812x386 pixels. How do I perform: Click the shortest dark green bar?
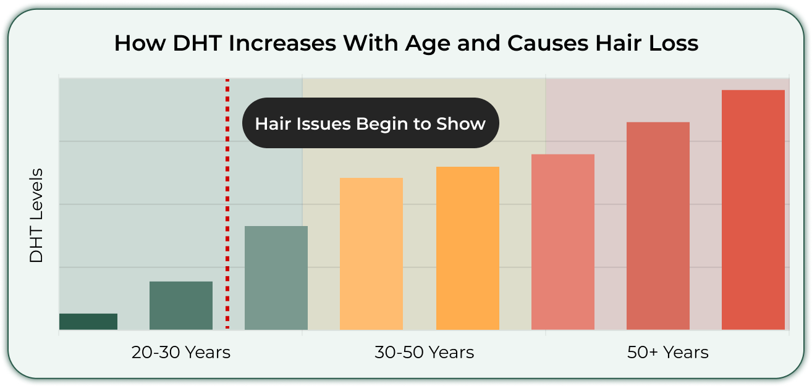(88, 322)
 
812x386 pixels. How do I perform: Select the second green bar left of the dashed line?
(181, 306)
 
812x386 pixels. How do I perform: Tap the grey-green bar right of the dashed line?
(276, 278)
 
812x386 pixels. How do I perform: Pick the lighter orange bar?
(371, 254)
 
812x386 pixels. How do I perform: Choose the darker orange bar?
(468, 248)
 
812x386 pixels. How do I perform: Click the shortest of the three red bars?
(563, 242)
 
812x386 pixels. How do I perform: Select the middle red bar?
(658, 226)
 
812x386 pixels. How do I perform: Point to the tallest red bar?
(753, 210)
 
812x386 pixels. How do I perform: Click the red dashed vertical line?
(227, 204)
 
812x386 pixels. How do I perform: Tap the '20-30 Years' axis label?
(181, 352)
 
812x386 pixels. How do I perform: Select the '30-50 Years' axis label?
(424, 352)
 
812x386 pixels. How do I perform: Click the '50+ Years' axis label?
(668, 352)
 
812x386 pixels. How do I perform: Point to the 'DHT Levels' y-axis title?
(36, 216)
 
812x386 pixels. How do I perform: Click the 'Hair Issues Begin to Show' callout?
(371, 123)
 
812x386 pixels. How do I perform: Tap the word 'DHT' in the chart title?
(197, 43)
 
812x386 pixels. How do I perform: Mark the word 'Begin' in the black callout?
(382, 125)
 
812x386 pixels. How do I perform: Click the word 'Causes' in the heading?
(548, 43)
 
